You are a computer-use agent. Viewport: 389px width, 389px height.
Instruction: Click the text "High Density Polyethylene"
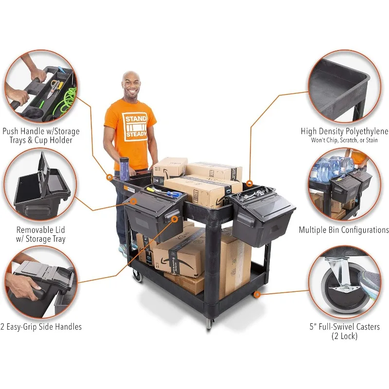pos(344,131)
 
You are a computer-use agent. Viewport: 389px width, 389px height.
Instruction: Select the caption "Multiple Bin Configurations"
pos(344,230)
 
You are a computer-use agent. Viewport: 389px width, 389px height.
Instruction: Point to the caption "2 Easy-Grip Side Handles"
pos(41,327)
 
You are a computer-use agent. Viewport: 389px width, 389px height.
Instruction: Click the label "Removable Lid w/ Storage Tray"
pos(41,234)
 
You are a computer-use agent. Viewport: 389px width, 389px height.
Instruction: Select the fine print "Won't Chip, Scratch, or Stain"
pos(344,141)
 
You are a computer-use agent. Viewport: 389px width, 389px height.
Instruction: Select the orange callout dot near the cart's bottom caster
pos(257,294)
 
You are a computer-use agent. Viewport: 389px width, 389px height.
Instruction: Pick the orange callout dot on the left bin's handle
pos(175,219)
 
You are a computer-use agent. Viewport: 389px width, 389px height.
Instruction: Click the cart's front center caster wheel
pos(210,323)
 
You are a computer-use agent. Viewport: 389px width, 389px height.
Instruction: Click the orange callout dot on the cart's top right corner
pos(249,184)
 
